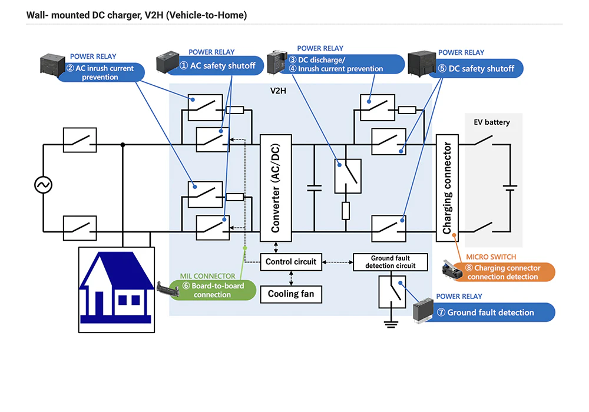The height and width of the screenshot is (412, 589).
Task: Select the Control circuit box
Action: [291, 262]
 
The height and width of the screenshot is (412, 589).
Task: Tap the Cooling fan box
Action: [291, 293]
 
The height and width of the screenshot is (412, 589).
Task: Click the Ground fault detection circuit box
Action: [390, 262]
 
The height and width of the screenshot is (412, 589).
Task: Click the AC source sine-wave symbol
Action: [43, 185]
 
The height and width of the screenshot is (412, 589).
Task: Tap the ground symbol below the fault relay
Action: [388, 322]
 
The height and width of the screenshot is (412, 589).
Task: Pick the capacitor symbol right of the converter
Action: [314, 188]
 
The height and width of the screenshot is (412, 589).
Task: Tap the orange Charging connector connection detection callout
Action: [502, 272]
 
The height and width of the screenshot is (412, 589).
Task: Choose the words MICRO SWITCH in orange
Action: [491, 257]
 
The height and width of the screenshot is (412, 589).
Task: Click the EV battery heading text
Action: [492, 122]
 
